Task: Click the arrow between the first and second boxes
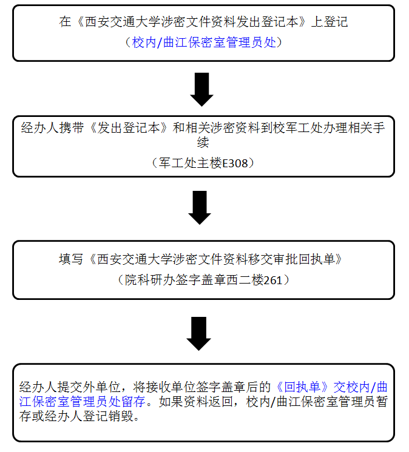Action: coord(201,90)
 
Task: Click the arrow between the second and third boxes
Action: coord(200,208)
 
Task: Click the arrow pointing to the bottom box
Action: coord(199,333)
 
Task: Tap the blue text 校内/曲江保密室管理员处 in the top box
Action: coord(204,42)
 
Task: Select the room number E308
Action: coord(235,164)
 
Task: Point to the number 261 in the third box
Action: coord(272,280)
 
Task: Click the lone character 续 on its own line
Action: coord(203,142)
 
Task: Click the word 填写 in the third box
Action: coord(71,259)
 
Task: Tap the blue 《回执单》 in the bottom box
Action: coord(302,387)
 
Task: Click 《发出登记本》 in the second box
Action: coord(129,128)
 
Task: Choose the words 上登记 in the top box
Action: coord(330,22)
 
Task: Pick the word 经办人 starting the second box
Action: coord(39,128)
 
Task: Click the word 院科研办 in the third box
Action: coord(150,280)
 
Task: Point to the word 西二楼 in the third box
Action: coord(245,280)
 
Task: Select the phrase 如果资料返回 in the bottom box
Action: coord(195,402)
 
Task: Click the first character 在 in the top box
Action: coord(65,22)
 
